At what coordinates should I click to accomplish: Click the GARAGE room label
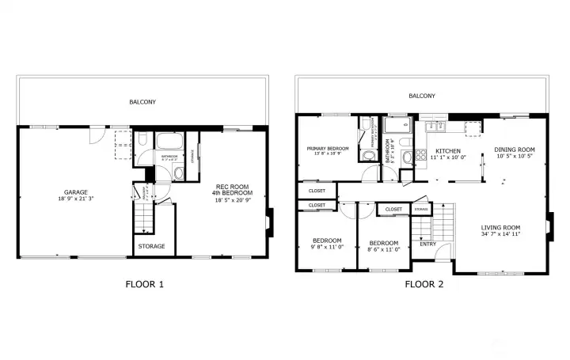76,191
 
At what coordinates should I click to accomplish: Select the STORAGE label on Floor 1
152,246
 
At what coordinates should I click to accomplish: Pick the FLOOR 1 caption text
145,284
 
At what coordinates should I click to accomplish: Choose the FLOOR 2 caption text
424,284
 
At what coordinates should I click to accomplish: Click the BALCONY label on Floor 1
142,101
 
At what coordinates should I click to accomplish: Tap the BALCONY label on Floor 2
421,96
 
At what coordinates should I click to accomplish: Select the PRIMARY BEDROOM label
328,149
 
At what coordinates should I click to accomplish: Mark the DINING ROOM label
515,150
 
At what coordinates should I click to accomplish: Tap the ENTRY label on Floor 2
427,244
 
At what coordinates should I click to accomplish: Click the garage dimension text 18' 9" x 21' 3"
76,199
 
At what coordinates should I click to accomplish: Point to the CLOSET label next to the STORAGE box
393,209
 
